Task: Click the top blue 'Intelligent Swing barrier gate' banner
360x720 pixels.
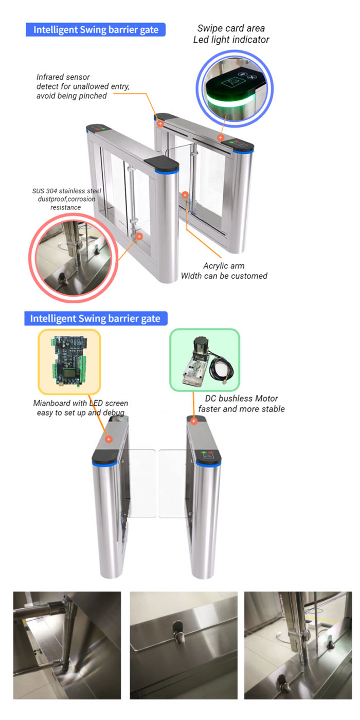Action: tap(96, 30)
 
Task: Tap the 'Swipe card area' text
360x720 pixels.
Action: tap(231, 28)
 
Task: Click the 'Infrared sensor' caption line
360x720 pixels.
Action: tap(63, 77)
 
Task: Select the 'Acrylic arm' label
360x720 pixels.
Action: tap(224, 266)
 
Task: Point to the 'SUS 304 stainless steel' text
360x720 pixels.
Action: tap(66, 191)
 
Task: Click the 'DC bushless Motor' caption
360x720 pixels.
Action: tap(241, 399)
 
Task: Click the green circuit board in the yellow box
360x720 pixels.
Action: tap(69, 361)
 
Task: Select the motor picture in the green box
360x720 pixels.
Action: tap(205, 360)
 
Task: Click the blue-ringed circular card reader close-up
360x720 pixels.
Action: tap(235, 88)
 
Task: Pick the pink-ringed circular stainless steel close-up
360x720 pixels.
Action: tap(74, 258)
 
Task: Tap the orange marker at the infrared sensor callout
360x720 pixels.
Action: tap(160, 123)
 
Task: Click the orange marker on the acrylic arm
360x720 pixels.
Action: tap(185, 195)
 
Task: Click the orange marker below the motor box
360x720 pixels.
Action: tap(193, 421)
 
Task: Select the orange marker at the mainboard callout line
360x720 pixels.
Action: tap(109, 439)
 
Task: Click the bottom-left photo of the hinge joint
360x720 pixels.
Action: tap(67, 645)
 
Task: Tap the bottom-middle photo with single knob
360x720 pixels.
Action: tap(184, 645)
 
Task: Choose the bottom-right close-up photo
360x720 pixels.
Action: tap(298, 645)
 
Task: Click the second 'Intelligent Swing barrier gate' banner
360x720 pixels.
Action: tap(96, 318)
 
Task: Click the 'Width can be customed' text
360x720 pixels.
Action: tap(224, 276)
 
